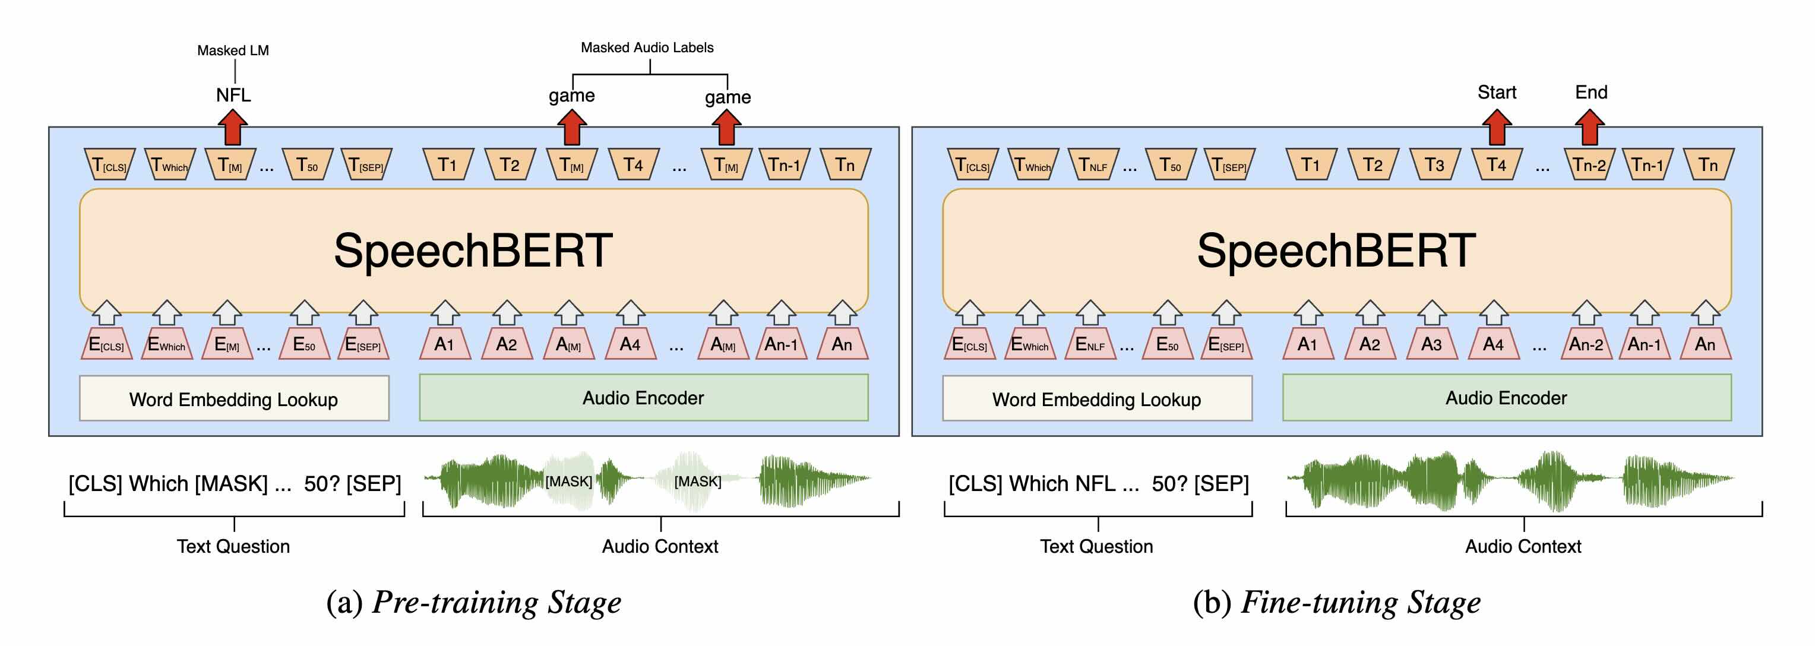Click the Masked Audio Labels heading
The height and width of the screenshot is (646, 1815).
click(x=647, y=47)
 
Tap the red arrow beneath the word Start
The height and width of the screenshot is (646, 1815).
click(x=1497, y=128)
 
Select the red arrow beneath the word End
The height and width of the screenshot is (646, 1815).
click(x=1589, y=128)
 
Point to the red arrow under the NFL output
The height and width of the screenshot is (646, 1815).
click(x=232, y=128)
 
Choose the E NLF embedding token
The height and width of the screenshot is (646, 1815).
click(x=1090, y=344)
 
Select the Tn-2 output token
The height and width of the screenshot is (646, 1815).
click(x=1589, y=165)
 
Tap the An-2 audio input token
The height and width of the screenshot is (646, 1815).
click(x=1586, y=344)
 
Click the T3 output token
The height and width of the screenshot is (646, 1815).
click(x=1434, y=165)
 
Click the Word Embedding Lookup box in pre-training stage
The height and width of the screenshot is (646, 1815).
click(x=234, y=399)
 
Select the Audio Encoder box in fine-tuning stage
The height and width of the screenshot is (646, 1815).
click(x=1506, y=398)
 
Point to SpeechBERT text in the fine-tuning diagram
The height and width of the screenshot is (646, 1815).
click(x=1336, y=250)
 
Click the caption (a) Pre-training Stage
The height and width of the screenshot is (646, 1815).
click(x=473, y=602)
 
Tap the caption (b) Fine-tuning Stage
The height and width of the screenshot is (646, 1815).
click(x=1336, y=602)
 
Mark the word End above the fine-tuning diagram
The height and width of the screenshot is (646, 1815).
click(x=1591, y=92)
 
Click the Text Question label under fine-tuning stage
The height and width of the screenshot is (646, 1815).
click(x=1096, y=546)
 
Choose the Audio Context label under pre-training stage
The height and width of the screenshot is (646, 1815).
click(x=660, y=546)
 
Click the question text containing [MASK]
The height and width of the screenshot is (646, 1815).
click(x=235, y=483)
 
